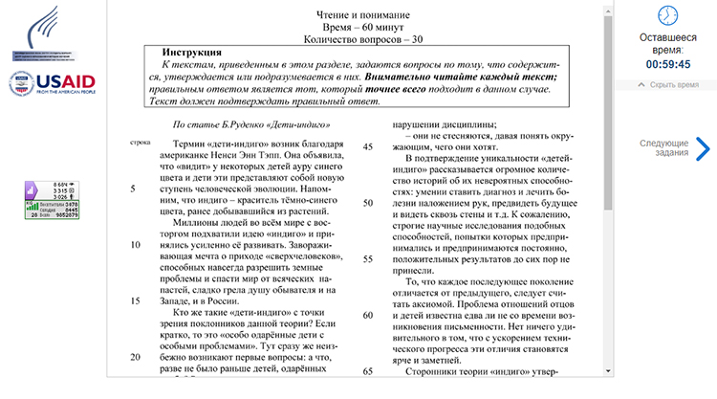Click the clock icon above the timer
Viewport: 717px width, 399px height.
pyautogui.click(x=668, y=15)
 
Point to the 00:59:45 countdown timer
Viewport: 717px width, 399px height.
pyautogui.click(x=668, y=64)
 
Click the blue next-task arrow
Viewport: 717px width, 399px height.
pyautogui.click(x=703, y=148)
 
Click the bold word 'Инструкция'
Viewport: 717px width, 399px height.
pyautogui.click(x=193, y=52)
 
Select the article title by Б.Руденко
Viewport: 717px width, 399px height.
pyautogui.click(x=252, y=124)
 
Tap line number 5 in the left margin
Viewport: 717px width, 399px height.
pyautogui.click(x=134, y=188)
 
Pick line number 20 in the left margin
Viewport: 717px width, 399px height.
pyautogui.click(x=135, y=357)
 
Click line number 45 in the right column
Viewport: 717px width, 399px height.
pyautogui.click(x=368, y=146)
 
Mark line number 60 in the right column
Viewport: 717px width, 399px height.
pyautogui.click(x=368, y=316)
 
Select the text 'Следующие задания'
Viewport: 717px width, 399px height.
pyautogui.click(x=663, y=148)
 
